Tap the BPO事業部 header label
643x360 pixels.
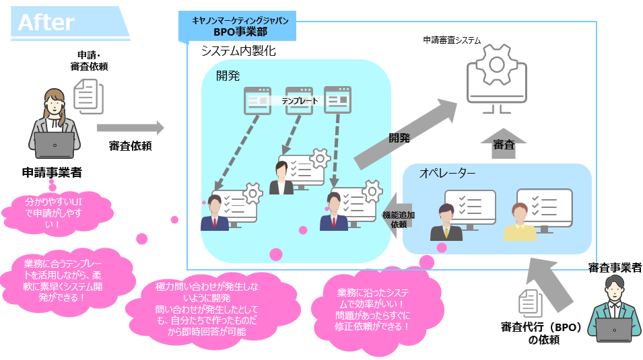coord(240,32)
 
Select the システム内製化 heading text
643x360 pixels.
coord(238,51)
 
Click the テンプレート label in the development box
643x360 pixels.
coord(299,100)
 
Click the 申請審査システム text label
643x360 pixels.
coord(452,40)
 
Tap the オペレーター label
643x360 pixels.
coord(447,174)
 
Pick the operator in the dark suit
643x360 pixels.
coord(446,222)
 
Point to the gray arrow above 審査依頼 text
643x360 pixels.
coord(130,127)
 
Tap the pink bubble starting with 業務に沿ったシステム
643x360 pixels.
coord(374,309)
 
